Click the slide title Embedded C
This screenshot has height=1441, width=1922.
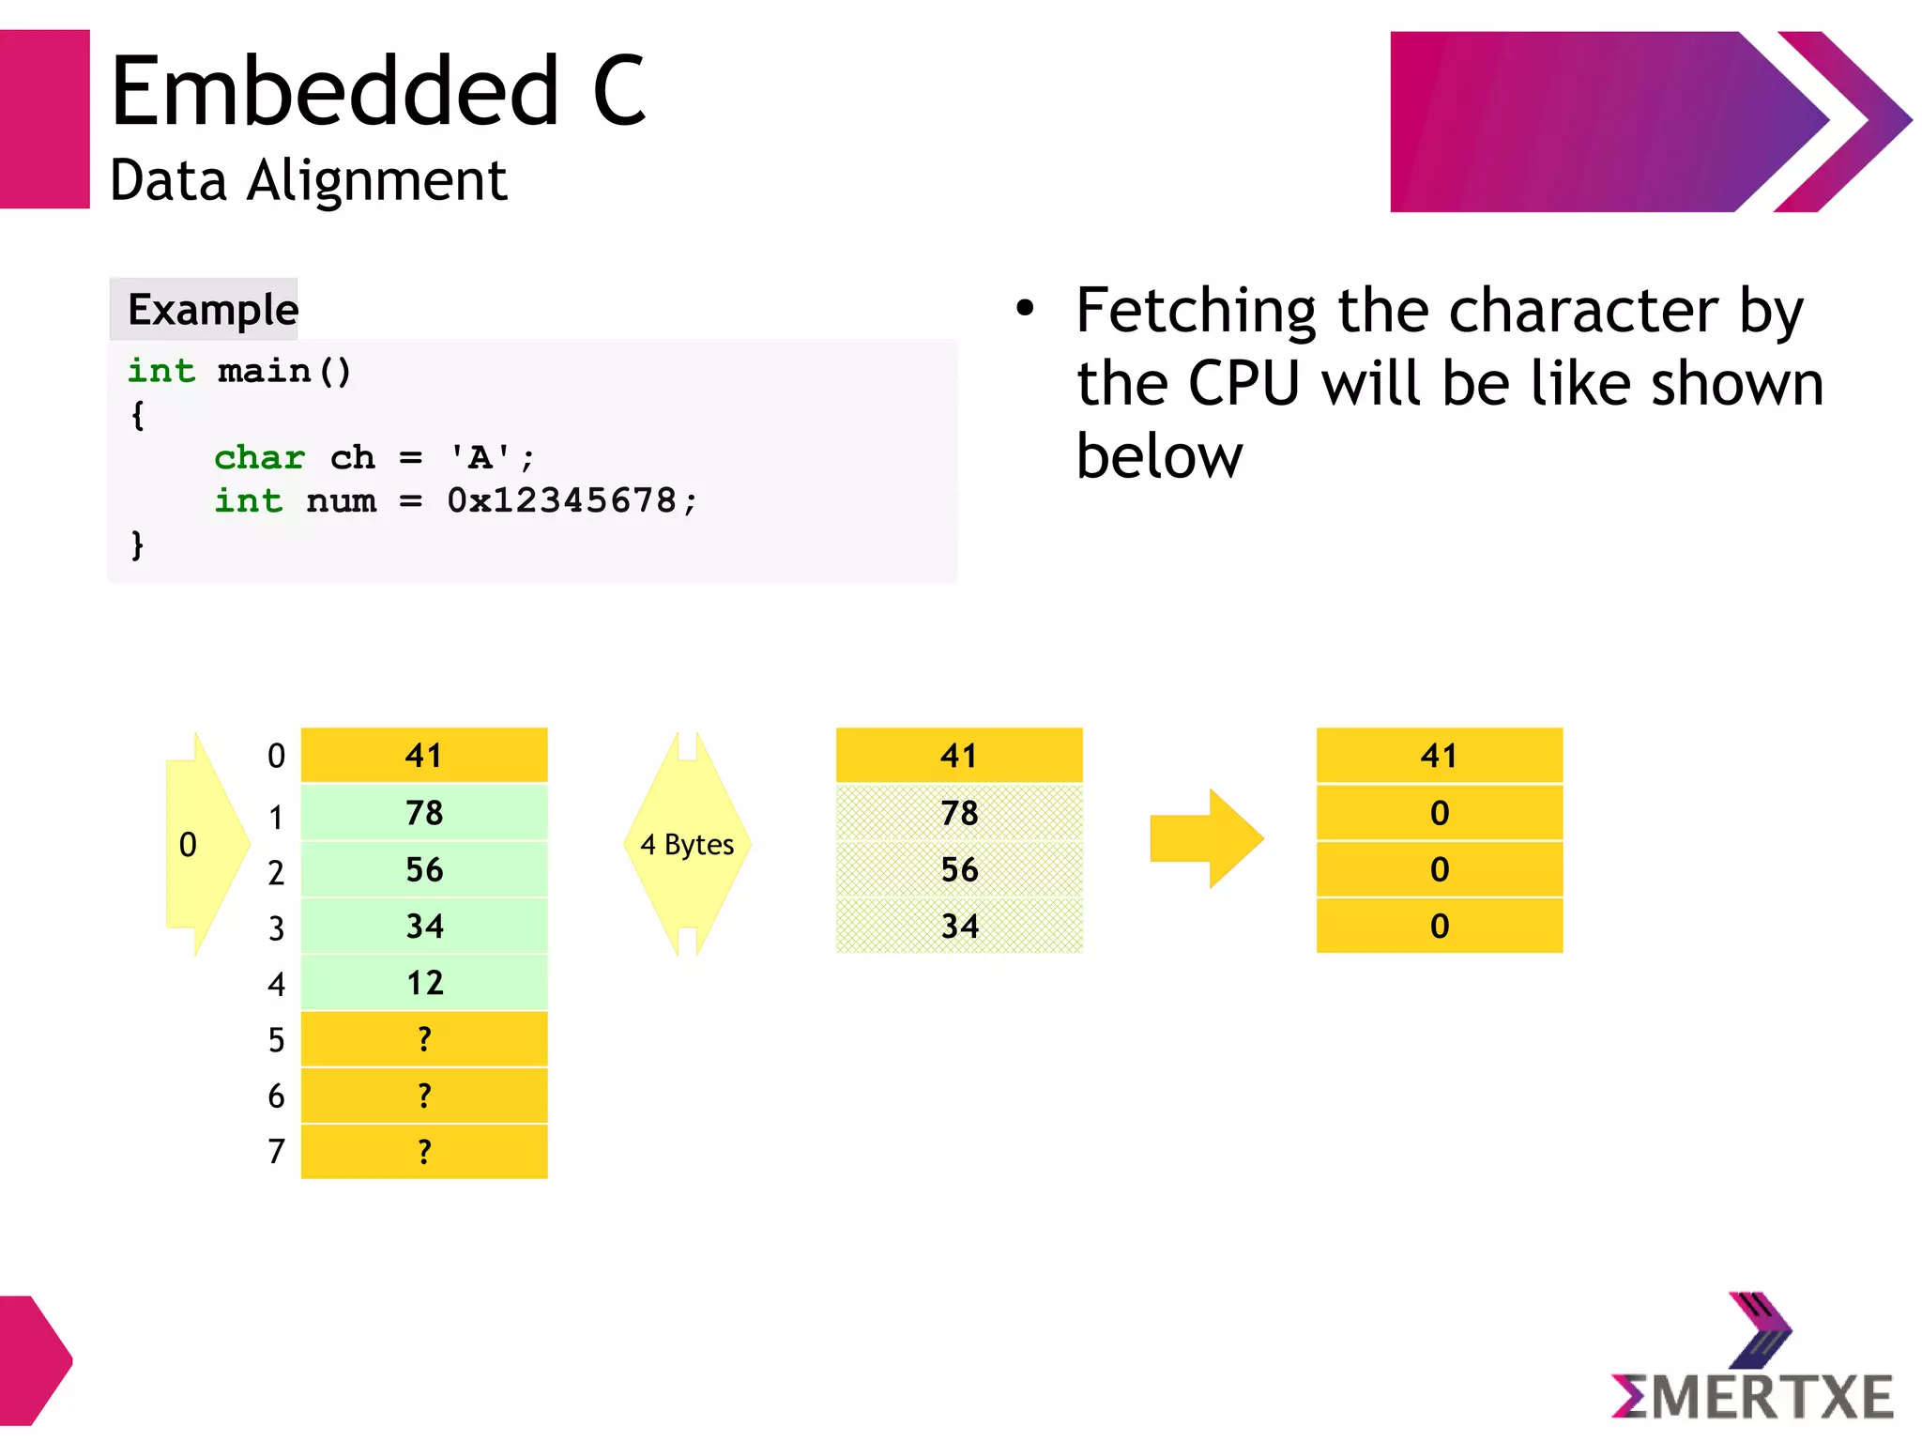pos(377,91)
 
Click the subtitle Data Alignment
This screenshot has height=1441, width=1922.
pos(308,180)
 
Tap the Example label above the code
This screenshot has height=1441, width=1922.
pos(212,310)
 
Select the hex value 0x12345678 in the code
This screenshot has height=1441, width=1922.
pos(561,500)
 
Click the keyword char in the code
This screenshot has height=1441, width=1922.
pos(260,458)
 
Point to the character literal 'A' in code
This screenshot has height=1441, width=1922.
pos(480,458)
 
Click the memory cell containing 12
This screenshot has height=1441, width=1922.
pos(424,983)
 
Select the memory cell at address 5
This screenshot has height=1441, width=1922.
pos(424,1039)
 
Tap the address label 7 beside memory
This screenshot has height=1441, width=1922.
pos(276,1152)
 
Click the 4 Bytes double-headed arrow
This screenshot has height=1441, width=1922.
pos(687,844)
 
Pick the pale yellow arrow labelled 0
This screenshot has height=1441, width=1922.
pos(202,844)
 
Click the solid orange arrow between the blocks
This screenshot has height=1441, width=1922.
pos(1206,838)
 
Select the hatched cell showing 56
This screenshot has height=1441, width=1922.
pos(959,869)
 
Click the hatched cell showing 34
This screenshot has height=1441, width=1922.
pos(959,927)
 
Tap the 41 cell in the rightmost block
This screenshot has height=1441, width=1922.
pos(1439,756)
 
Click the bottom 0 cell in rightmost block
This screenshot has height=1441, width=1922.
pos(1439,927)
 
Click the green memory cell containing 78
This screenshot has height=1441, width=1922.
pos(424,813)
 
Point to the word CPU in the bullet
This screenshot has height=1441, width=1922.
pos(1243,384)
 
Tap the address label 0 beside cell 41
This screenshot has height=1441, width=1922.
pos(276,756)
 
